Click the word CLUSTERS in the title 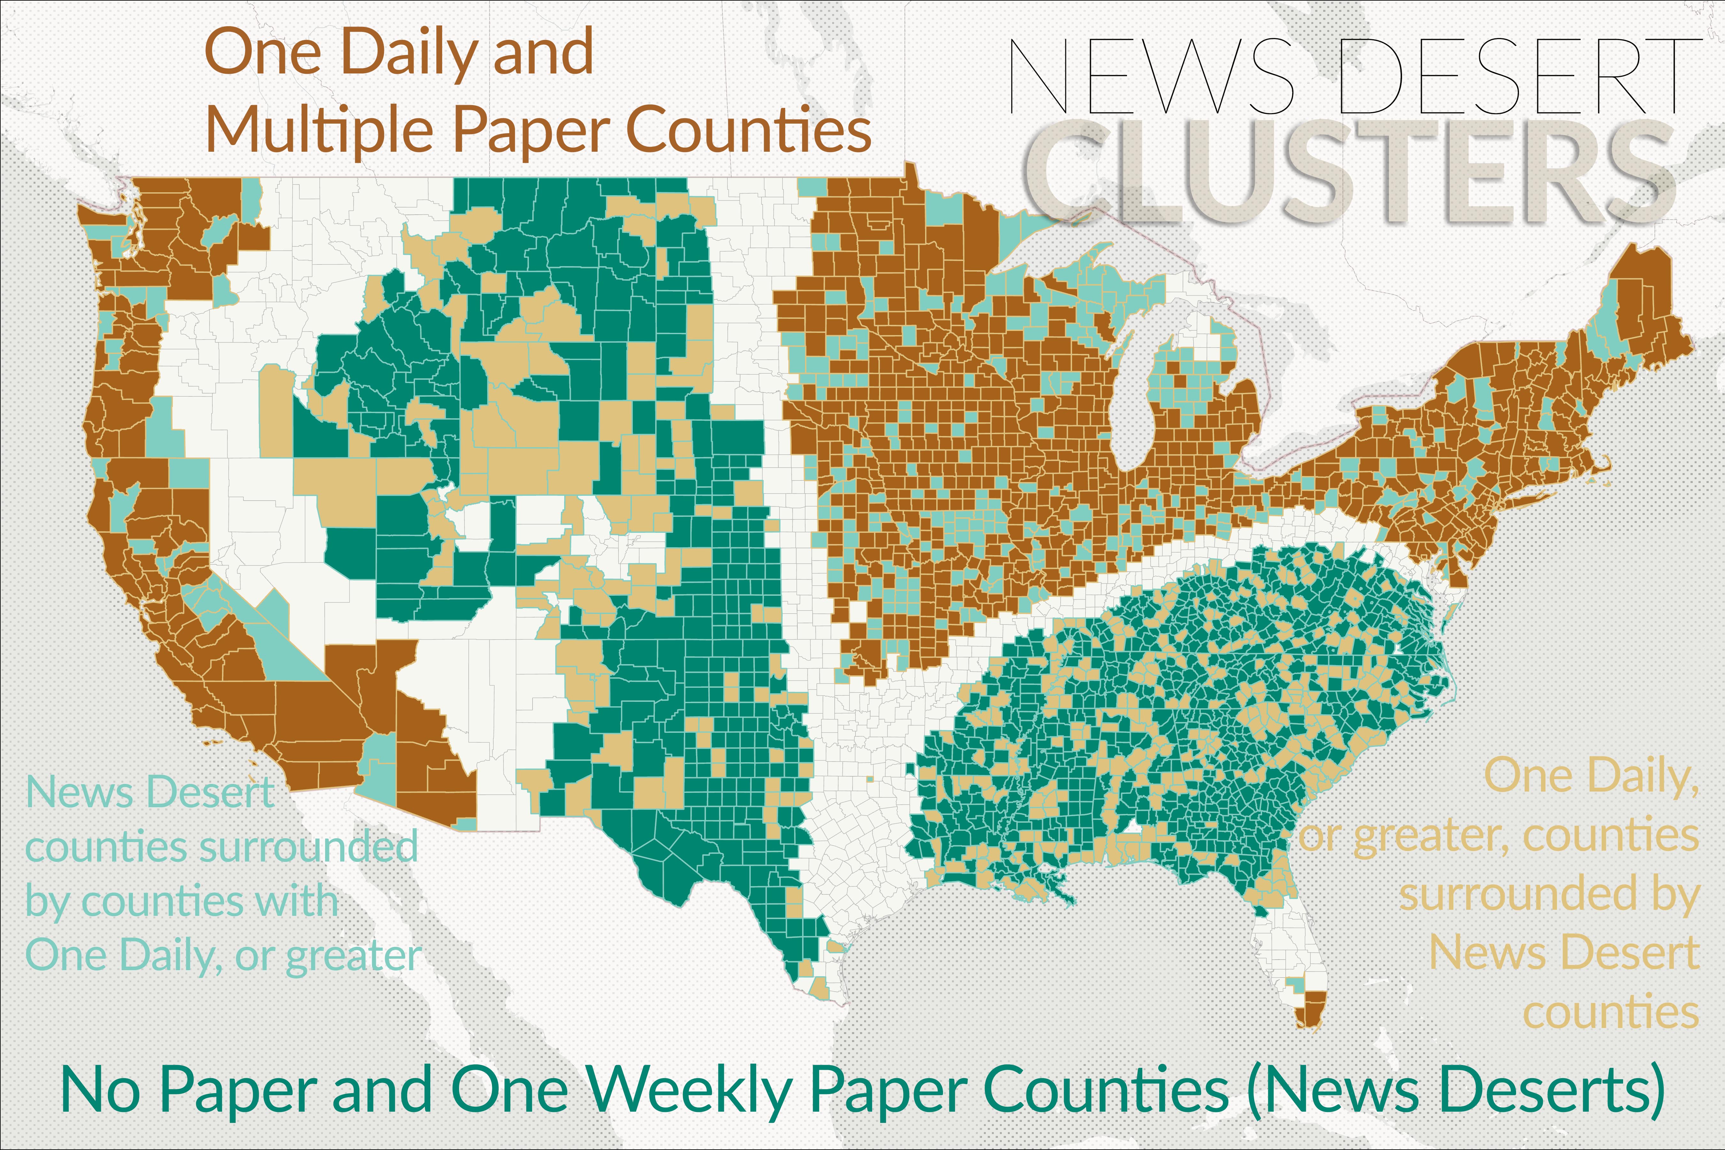[x=1349, y=172]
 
